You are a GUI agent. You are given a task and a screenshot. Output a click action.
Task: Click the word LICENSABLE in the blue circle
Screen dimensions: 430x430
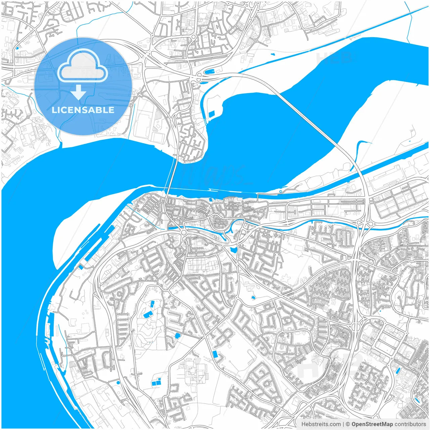(83, 110)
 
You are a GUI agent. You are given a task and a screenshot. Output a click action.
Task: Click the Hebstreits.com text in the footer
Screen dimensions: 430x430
(321, 424)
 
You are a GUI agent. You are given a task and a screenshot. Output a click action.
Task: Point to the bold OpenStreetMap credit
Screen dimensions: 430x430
(372, 424)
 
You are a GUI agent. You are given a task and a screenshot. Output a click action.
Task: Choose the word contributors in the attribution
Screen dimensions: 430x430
(410, 424)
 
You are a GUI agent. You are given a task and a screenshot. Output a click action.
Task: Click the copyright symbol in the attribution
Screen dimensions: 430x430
(348, 424)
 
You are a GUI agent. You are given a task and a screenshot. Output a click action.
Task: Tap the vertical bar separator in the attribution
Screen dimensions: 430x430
(343, 424)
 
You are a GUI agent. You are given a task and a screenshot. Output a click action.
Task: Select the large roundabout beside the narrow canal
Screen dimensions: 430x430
(184, 233)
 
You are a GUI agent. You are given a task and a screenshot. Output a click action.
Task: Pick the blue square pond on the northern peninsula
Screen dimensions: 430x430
(212, 114)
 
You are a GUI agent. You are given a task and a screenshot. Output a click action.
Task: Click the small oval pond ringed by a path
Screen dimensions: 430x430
(253, 298)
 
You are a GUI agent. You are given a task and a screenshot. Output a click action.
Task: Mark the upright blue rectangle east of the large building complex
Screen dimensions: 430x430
(215, 354)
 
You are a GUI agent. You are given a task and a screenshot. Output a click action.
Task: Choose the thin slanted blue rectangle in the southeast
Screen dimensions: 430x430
(398, 371)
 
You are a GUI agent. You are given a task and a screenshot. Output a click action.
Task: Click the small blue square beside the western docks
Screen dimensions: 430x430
(81, 267)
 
